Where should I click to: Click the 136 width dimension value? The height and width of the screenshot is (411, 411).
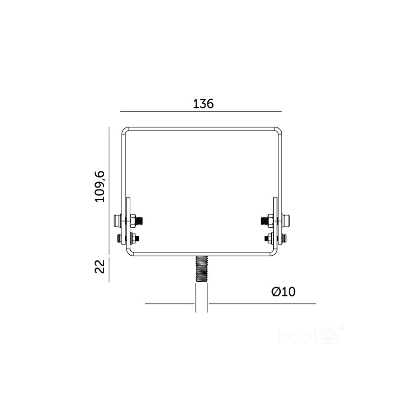pos(203,104)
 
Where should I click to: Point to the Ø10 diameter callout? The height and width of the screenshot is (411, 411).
pos(283,292)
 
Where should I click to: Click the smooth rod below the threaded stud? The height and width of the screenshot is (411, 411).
pos(201,298)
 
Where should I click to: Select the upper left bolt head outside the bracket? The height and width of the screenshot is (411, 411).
pos(116,220)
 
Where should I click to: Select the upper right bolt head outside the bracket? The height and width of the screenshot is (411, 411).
pos(286,220)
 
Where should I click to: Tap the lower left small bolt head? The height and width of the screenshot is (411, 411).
pos(118,238)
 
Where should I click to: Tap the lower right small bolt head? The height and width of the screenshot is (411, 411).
pos(284,238)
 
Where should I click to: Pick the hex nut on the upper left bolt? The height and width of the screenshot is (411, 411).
pos(134,220)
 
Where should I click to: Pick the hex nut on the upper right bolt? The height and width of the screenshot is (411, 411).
pos(269,220)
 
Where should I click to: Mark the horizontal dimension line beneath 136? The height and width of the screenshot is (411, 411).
pos(201,111)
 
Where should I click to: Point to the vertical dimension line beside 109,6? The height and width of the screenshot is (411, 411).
pos(109,189)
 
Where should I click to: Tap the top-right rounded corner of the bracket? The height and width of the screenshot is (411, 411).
pos(279,131)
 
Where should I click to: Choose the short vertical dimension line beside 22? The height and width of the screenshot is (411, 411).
pos(109,269)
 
